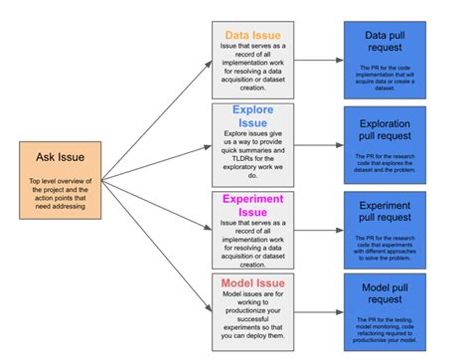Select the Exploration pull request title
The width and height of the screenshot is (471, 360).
398,130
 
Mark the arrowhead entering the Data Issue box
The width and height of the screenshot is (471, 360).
206,65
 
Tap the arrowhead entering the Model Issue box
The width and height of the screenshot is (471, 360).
206,311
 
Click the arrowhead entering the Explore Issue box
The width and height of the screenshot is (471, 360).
206,144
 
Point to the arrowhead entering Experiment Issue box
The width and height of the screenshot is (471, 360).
206,229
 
